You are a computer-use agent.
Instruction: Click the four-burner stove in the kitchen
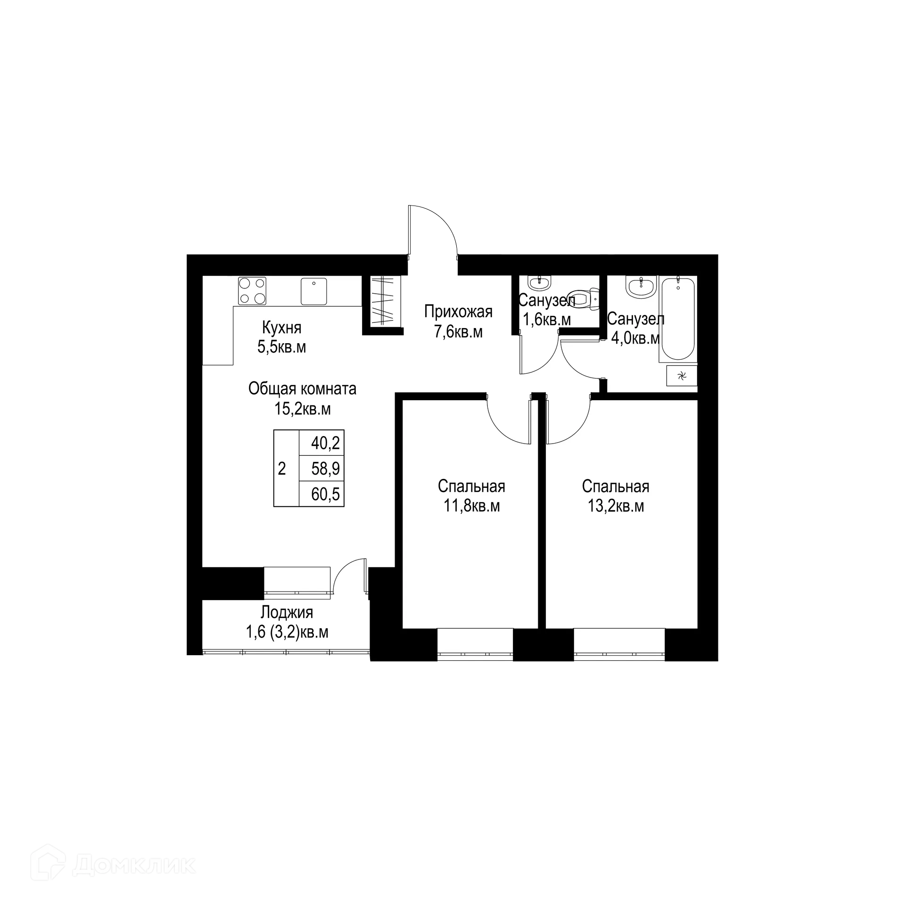point(252,290)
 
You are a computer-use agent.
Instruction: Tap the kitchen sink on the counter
point(314,291)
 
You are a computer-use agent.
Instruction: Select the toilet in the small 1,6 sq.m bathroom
point(587,299)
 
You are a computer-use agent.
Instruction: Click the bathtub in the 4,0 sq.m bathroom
point(678,318)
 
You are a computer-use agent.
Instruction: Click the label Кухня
point(281,327)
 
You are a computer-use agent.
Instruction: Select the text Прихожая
point(458,312)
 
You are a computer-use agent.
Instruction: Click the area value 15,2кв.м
point(303,409)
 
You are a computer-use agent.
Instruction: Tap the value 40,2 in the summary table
point(325,443)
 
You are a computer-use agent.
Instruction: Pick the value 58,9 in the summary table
point(325,469)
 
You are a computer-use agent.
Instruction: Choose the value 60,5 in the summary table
point(325,494)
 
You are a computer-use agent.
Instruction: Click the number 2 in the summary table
point(282,469)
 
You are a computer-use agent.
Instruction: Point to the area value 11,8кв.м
point(471,506)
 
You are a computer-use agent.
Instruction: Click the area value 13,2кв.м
point(616,506)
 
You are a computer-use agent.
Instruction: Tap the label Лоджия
point(287,612)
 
